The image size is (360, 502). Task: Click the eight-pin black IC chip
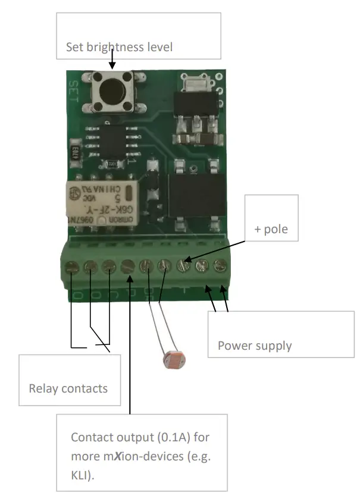tap(109, 138)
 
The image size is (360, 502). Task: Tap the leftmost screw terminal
tap(71, 267)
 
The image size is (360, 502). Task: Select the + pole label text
tap(271, 228)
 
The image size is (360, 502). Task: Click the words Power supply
tap(255, 345)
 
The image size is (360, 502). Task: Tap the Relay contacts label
tap(68, 388)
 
